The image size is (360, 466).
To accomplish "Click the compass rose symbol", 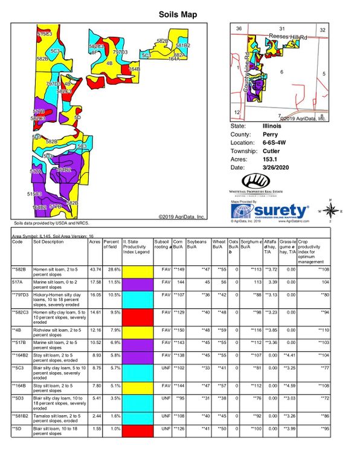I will click(x=331, y=209).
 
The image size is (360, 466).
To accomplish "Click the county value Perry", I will click(x=270, y=134).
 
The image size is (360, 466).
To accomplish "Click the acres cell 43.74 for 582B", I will click(x=95, y=269).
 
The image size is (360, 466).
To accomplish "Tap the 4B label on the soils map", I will click(x=109, y=62).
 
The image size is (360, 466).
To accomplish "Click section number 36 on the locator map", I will click(x=239, y=29).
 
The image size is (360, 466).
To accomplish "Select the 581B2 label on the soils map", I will click(x=183, y=45).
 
